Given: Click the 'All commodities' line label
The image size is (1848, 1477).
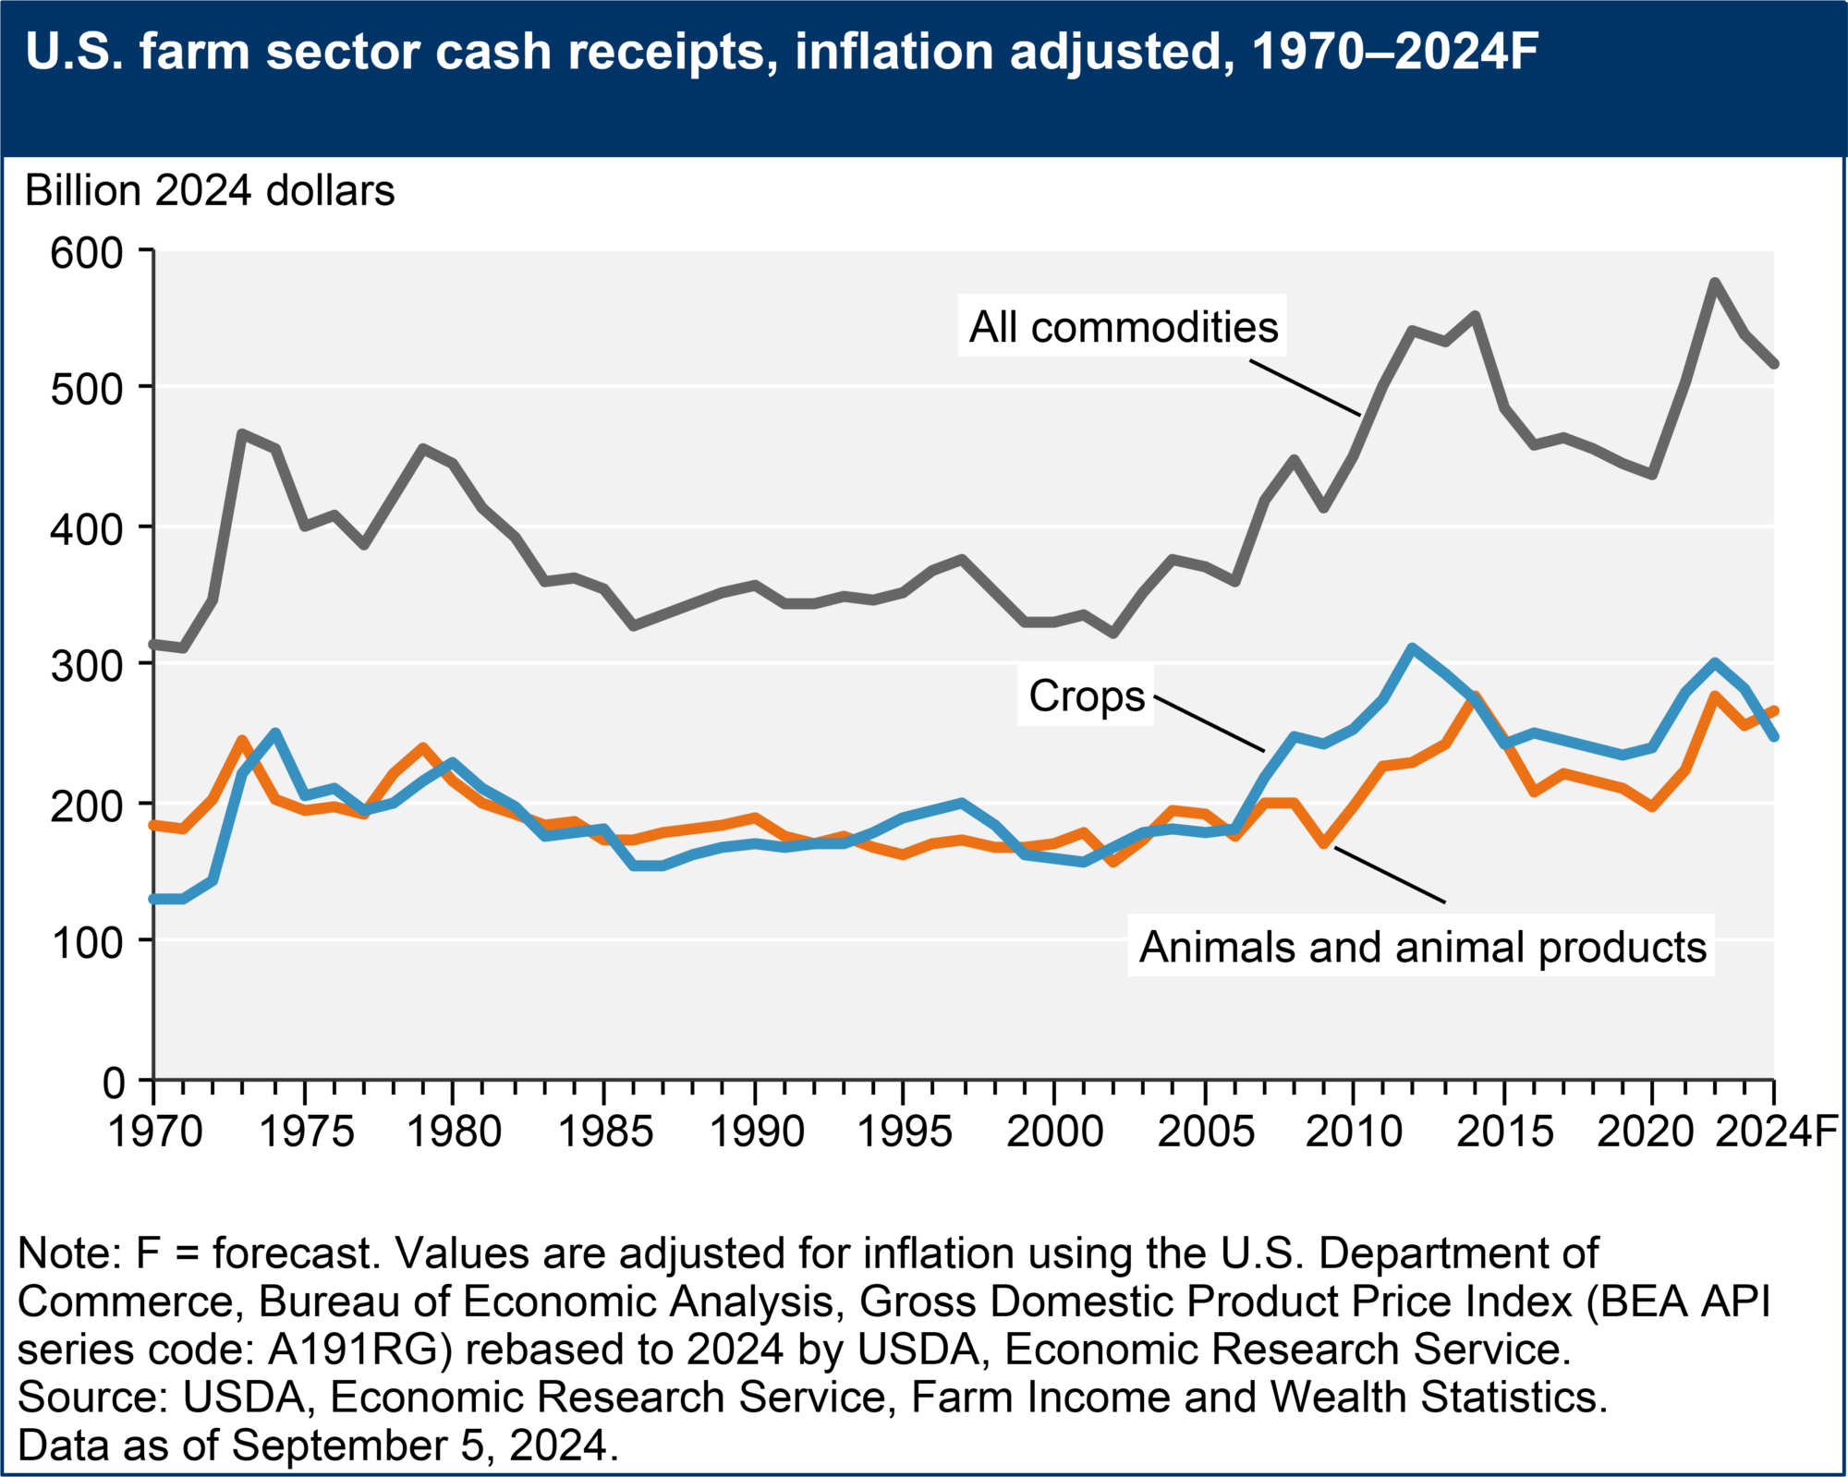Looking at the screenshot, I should (1123, 328).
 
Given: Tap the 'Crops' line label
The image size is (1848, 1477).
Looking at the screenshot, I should (1087, 696).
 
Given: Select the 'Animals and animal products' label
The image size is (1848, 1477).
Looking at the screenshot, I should (1422, 948).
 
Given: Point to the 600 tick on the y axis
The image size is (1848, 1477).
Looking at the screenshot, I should (87, 252).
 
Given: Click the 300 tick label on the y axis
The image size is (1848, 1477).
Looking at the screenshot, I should (87, 665).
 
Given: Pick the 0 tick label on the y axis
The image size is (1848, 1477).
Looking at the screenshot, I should (114, 1082).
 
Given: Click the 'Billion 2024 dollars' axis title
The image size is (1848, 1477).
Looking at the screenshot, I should (210, 191).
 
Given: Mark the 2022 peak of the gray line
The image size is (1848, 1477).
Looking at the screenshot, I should (1714, 282).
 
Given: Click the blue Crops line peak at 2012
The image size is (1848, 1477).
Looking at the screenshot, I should (1412, 648).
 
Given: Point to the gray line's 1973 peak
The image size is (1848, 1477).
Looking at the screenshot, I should (242, 433).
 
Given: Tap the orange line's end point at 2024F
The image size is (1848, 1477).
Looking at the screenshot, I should (1774, 710).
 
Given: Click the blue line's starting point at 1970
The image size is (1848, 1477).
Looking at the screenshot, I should (154, 899).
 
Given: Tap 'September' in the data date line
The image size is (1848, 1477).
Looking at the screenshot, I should (370, 1446).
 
